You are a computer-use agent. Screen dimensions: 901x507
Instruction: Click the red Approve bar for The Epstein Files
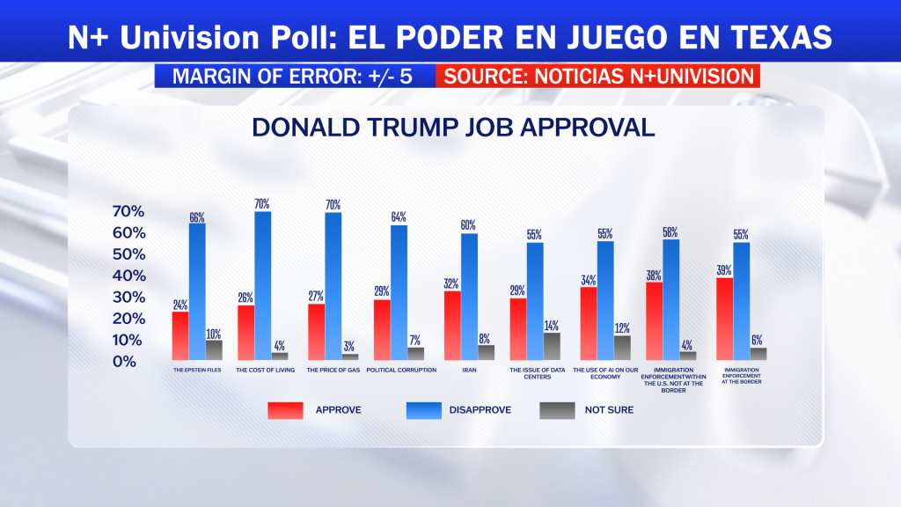179,335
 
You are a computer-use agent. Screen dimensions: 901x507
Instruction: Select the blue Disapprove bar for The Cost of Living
262,286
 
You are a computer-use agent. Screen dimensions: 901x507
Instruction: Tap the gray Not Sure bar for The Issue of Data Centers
553,346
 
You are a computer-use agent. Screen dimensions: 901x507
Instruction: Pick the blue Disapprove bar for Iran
469,297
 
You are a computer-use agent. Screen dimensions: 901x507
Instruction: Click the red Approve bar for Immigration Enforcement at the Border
725,319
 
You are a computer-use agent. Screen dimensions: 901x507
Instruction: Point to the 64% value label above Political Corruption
399,217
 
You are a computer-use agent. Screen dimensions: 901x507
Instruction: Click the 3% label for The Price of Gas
348,346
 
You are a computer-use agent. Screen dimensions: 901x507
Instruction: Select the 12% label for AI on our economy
622,328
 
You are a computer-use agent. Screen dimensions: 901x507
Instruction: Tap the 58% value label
670,232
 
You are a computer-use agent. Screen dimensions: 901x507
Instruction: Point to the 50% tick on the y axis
128,254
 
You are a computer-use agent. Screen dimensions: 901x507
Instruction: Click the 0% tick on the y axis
124,362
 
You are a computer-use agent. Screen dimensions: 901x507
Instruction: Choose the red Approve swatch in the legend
286,410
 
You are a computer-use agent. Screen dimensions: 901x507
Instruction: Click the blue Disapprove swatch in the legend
424,410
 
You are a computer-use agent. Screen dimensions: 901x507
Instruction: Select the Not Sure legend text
609,410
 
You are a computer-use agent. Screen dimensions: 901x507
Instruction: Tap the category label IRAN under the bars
469,371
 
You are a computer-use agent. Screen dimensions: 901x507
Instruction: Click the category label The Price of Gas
333,371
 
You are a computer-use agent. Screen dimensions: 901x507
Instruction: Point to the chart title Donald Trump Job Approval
453,127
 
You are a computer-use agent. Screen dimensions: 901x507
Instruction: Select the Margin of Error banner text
292,76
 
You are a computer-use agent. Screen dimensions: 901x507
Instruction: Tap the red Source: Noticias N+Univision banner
598,76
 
